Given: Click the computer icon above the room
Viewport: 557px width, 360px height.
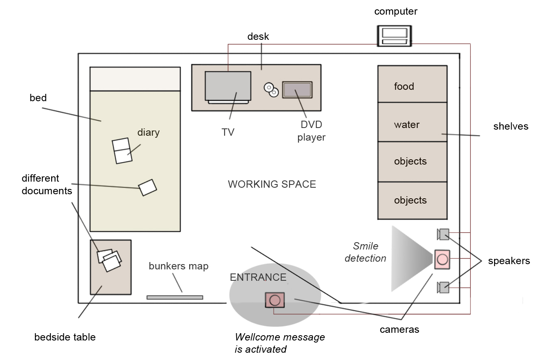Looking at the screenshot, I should (394, 36).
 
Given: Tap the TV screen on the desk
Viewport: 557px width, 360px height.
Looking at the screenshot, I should (228, 86).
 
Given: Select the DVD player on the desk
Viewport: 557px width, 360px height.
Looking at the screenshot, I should (297, 90).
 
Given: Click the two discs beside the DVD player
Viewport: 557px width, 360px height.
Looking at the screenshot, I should (271, 90).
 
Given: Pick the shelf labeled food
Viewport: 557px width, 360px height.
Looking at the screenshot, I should (412, 84).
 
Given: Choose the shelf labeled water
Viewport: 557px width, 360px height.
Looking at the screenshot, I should (412, 122).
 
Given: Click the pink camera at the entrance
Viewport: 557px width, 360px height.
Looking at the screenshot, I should (275, 300).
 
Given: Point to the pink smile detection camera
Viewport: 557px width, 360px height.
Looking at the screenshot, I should (442, 259).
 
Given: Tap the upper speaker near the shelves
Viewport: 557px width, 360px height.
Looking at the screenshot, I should (443, 234).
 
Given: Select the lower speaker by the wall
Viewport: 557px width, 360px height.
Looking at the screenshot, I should (443, 287).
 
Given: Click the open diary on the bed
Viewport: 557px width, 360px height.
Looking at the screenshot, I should (122, 151).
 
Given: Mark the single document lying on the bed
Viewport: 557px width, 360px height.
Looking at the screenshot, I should (147, 187).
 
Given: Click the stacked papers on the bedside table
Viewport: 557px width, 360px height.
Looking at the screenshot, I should (110, 260).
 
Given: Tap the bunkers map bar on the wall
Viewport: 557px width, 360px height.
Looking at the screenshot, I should (175, 297).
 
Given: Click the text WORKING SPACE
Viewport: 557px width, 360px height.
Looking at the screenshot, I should (272, 184).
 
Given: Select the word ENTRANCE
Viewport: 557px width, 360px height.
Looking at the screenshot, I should (258, 277).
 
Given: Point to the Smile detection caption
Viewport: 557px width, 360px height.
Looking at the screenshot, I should (365, 252).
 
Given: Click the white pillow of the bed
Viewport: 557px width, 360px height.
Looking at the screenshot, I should (135, 79).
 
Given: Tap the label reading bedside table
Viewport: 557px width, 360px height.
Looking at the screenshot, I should (65, 337).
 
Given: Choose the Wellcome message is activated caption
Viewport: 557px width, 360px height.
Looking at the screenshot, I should (280, 343).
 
